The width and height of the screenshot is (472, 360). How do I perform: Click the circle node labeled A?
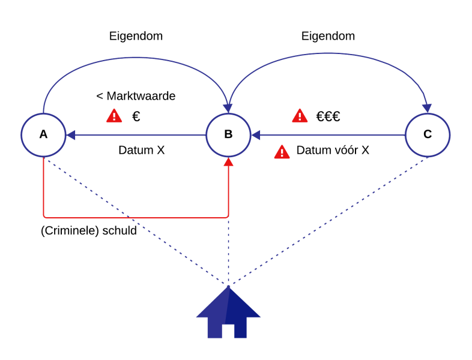[x=43, y=135]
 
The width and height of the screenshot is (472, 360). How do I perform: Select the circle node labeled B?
[x=228, y=135]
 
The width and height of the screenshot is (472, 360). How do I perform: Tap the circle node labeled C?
[x=427, y=135]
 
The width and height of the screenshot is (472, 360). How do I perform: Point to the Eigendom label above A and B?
[x=136, y=36]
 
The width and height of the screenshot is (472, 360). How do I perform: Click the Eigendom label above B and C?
[x=328, y=36]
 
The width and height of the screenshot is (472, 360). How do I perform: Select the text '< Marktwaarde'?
[x=136, y=96]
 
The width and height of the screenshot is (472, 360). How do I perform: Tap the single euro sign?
[x=136, y=116]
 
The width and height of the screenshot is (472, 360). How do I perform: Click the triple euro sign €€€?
[x=328, y=116]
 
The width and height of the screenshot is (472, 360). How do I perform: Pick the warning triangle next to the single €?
[x=114, y=116]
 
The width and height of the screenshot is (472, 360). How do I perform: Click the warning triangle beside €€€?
[x=300, y=116]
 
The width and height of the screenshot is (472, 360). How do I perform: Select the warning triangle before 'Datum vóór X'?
[x=282, y=152]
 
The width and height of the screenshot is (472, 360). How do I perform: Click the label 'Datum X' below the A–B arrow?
[x=141, y=150]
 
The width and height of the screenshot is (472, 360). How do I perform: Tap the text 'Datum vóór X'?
[x=333, y=150]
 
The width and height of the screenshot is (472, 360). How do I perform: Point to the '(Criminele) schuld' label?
[x=89, y=231]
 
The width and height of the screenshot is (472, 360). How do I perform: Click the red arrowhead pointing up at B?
[x=228, y=162]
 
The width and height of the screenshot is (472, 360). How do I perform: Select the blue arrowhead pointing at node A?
[x=70, y=135]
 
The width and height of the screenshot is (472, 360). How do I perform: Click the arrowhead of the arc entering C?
[x=427, y=108]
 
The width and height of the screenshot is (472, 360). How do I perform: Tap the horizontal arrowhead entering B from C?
[x=255, y=135]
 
